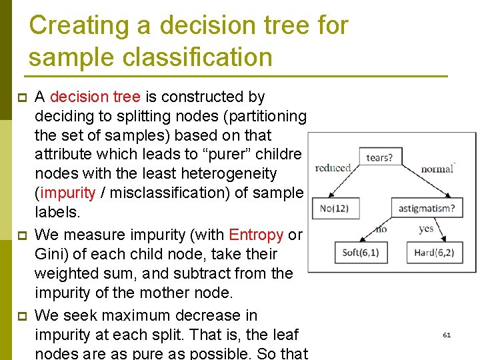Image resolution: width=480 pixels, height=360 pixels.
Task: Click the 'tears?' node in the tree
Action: point(379,158)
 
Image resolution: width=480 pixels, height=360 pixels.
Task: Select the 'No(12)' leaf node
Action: point(334,208)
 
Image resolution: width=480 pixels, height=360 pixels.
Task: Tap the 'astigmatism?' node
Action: point(427,208)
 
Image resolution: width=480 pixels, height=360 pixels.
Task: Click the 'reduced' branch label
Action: point(333,167)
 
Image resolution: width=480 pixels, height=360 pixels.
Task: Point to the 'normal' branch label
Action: point(437,169)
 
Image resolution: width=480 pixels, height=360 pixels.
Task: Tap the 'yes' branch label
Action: point(426,229)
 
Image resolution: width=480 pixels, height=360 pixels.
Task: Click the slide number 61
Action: point(447,335)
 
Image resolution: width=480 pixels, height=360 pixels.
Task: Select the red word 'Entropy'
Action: point(256,235)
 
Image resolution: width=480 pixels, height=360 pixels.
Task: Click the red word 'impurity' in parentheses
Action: point(68,193)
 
